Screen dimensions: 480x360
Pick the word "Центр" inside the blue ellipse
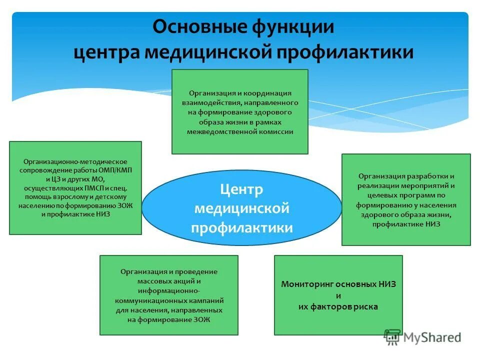pyautogui.click(x=241, y=189)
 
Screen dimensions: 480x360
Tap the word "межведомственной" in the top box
pyautogui.click(x=218, y=132)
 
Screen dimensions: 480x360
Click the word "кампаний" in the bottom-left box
pyautogui.click(x=205, y=301)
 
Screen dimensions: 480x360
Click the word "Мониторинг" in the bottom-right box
pyautogui.click(x=308, y=284)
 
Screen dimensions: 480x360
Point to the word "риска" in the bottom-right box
pyautogui.click(x=365, y=306)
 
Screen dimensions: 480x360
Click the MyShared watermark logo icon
pyautogui.click(x=392, y=337)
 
